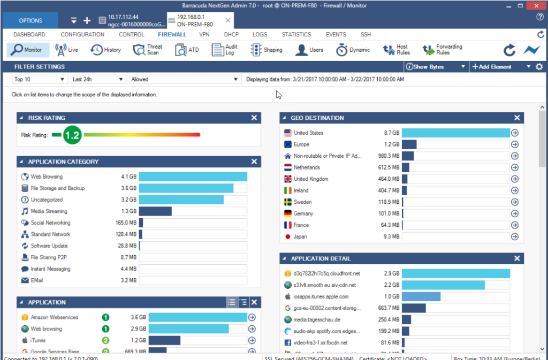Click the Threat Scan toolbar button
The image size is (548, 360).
click(147, 50)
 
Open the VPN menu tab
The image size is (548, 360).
click(204, 34)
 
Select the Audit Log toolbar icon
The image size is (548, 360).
click(225, 50)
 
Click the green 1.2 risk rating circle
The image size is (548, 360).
click(72, 135)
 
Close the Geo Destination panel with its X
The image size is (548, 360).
click(517, 118)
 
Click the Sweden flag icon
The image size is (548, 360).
click(288, 202)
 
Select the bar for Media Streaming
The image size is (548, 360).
click(156, 211)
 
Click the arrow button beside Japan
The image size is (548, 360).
click(515, 236)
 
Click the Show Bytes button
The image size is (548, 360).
click(435, 67)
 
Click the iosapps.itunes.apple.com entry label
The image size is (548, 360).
click(321, 296)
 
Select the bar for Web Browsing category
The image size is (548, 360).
click(193, 177)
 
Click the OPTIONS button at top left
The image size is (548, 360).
click(31, 21)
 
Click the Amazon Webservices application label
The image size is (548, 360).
click(54, 317)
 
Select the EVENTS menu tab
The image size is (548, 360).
click(336, 34)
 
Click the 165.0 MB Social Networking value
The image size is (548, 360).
click(126, 223)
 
